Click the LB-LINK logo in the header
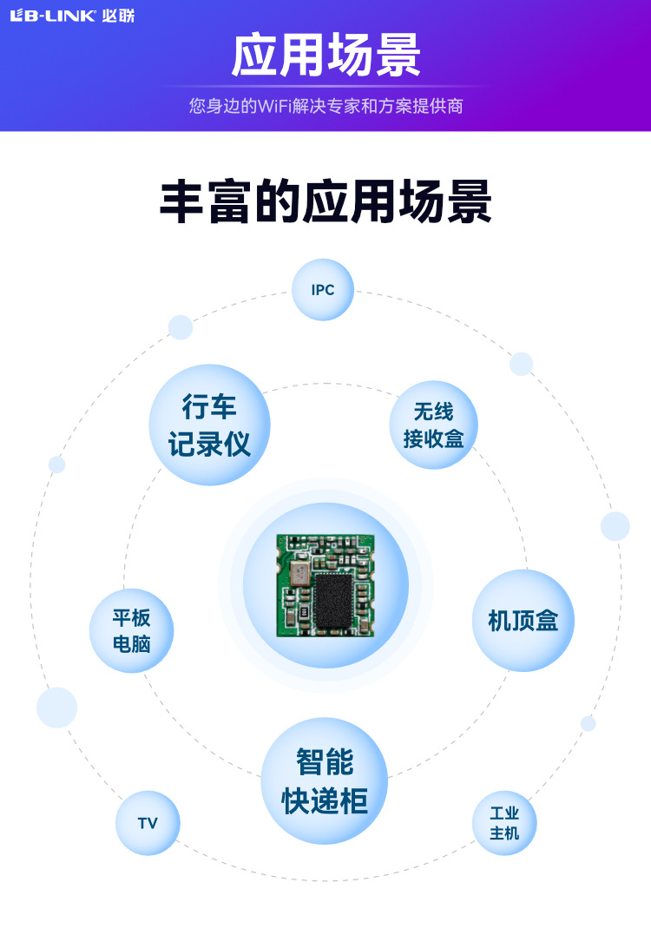coord(52,16)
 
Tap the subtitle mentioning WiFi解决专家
coord(325,107)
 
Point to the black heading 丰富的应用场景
coord(325,203)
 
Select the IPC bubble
coord(323,290)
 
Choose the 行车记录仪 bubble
coord(209,425)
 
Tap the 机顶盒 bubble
coord(523,621)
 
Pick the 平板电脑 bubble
coord(131,631)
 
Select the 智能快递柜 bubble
coord(324,781)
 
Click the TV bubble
coord(148,823)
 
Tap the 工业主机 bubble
coord(504,823)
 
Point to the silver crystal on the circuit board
coord(299,573)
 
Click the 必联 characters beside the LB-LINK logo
coord(118,16)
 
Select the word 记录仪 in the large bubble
coord(209,444)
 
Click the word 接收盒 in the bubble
coord(433,438)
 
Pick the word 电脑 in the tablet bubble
coord(131,644)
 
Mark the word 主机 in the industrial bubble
coord(504,833)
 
